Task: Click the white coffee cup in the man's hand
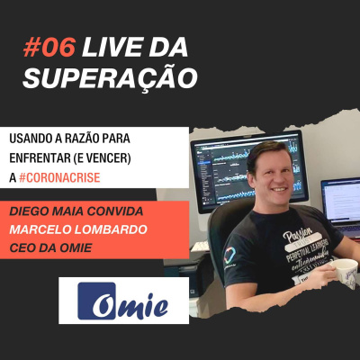click(x=343, y=267)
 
